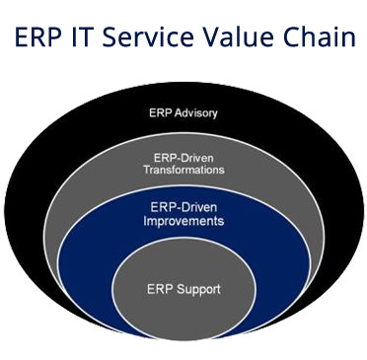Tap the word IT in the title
click(80, 36)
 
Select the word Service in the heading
click(148, 36)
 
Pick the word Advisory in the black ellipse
click(196, 113)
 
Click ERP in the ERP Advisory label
click(161, 112)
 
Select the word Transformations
click(183, 170)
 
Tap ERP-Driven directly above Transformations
click(183, 158)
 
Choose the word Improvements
click(183, 220)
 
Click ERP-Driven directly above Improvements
click(183, 207)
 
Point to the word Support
click(198, 290)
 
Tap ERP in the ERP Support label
click(160, 289)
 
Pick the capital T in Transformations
click(147, 170)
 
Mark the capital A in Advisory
click(179, 112)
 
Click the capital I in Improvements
click(145, 220)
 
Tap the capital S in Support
click(181, 289)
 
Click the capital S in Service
click(109, 36)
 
